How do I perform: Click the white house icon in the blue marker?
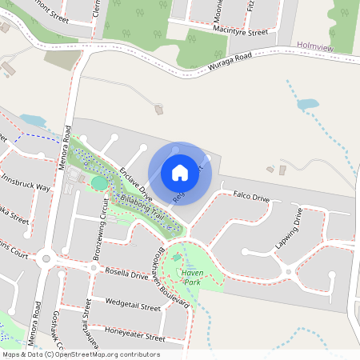point(180,172)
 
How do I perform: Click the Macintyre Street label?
point(240,33)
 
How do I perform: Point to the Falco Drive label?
point(250,195)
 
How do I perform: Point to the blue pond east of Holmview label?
point(306,104)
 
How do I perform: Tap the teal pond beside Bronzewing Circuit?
point(98,183)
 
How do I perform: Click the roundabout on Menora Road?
point(46,258)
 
